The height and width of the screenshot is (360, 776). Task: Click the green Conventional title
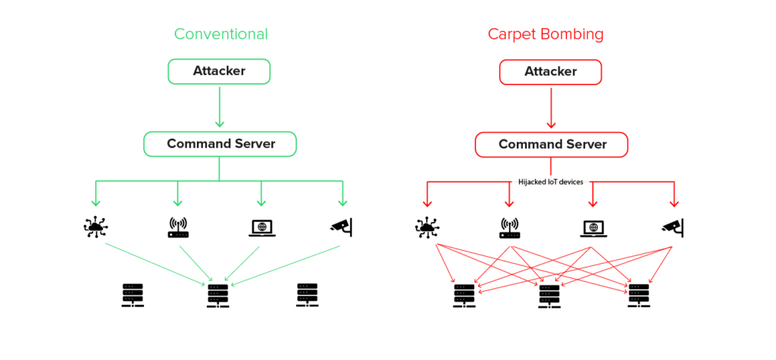[x=221, y=34]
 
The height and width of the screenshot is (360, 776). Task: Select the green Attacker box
[x=219, y=71]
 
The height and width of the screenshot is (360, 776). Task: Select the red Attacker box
[x=550, y=71]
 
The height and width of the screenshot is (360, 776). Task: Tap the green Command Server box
[x=220, y=144]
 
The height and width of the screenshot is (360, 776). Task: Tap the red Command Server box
[x=551, y=144]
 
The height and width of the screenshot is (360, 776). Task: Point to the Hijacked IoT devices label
[x=551, y=182]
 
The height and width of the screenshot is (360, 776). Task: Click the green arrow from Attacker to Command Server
[x=219, y=106]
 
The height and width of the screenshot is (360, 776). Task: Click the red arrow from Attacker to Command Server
[x=551, y=106]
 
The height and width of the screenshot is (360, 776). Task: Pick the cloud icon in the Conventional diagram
[x=95, y=227]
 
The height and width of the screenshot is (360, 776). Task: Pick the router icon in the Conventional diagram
[x=177, y=227]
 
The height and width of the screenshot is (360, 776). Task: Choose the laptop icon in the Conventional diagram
[x=261, y=227]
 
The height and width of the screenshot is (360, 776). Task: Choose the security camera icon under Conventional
[x=342, y=225]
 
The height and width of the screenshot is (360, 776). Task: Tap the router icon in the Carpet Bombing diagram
[x=509, y=227]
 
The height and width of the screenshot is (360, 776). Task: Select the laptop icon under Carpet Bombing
[x=593, y=227]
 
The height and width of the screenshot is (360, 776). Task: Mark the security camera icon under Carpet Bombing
[x=673, y=225]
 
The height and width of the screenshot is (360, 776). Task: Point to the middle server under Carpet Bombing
[x=549, y=296]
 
